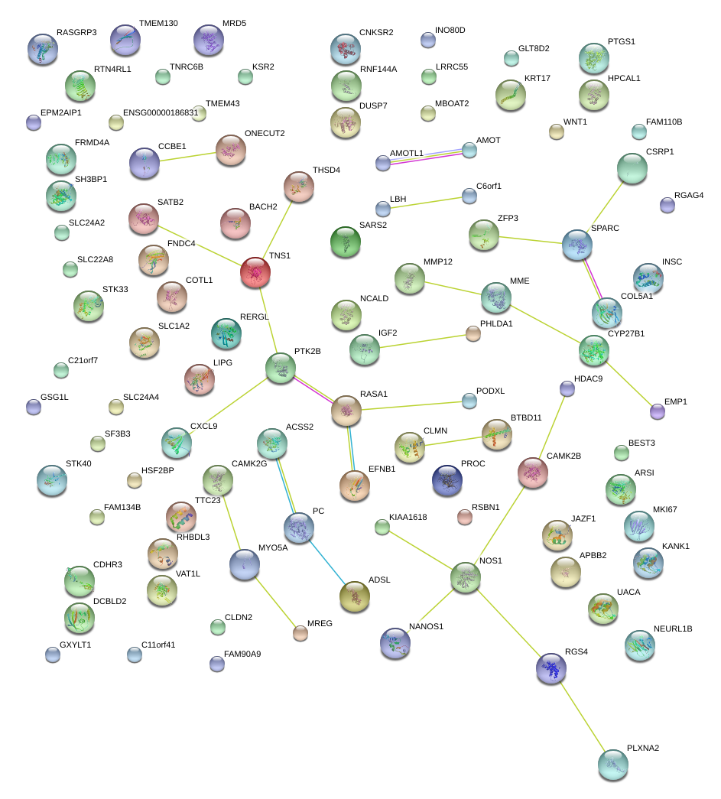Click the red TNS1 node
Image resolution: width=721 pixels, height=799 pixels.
[x=256, y=273]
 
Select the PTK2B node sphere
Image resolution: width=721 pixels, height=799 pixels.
[x=281, y=368]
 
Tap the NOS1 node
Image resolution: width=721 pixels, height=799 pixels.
[x=465, y=577]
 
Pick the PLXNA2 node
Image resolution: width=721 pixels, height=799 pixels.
[x=612, y=765]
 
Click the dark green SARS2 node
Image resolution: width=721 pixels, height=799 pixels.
[x=345, y=242]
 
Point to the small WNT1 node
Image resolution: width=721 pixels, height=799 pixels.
[x=557, y=132]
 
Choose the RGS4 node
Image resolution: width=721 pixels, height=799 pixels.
[x=551, y=668]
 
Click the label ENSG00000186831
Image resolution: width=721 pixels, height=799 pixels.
[x=161, y=112]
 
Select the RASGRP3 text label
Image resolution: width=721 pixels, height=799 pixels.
[x=76, y=33]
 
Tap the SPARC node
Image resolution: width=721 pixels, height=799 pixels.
[x=577, y=244]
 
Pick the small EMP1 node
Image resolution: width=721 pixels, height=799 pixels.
[x=657, y=412]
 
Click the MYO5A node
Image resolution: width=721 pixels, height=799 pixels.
[x=245, y=564]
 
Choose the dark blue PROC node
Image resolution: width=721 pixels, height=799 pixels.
[x=447, y=479]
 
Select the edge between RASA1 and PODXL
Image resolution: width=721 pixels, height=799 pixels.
[x=415, y=405]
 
